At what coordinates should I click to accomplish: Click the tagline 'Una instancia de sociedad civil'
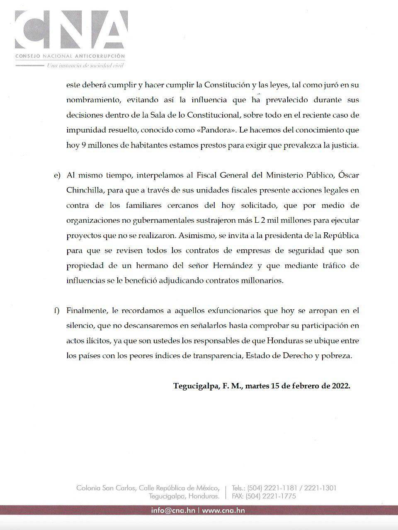(x=85, y=65)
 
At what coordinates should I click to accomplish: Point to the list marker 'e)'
(x=57, y=176)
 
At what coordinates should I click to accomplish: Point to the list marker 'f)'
(x=57, y=311)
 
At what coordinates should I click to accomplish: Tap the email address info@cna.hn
(x=173, y=511)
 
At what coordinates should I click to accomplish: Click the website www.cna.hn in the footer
(x=223, y=511)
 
